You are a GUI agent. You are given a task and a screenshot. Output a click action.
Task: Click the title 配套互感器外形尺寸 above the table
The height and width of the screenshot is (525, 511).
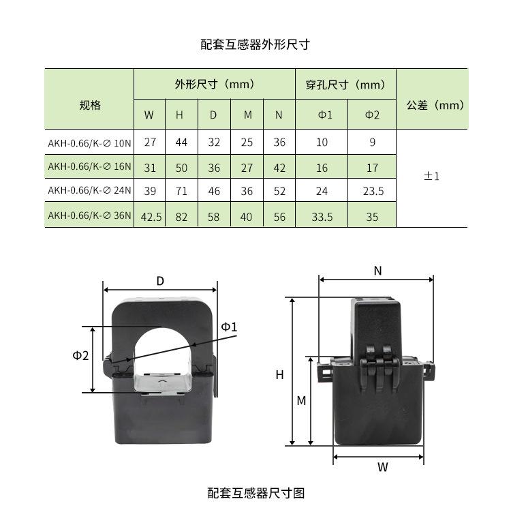(x=255, y=45)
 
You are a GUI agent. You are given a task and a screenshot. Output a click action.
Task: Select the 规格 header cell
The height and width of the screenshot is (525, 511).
(x=89, y=105)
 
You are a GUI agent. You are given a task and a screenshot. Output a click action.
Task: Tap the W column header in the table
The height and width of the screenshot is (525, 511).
(x=149, y=115)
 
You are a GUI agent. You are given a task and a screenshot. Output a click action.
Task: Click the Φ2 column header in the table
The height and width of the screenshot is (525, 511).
(x=372, y=115)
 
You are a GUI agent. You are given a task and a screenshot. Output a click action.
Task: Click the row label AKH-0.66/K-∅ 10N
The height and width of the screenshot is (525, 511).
(x=89, y=143)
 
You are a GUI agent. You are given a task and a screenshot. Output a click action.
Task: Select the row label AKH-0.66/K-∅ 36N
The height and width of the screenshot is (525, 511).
(x=89, y=216)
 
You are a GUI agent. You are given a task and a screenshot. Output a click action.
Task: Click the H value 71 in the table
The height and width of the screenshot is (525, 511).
(x=181, y=192)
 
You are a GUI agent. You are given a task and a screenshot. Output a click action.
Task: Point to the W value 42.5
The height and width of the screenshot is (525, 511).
(x=151, y=217)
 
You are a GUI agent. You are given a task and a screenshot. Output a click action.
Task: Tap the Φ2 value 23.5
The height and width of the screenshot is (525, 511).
(x=373, y=192)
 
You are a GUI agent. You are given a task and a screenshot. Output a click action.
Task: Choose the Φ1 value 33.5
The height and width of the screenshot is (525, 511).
(x=322, y=217)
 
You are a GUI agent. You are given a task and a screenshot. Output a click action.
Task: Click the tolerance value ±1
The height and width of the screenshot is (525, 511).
(x=432, y=176)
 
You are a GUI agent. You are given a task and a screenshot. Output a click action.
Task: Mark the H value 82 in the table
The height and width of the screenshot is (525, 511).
(x=181, y=217)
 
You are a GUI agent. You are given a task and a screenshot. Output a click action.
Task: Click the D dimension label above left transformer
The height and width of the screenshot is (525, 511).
(x=160, y=281)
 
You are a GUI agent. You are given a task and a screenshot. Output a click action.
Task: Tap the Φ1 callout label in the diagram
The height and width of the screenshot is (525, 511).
(x=230, y=327)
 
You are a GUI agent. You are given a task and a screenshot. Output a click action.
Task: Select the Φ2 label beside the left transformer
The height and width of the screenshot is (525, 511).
(x=81, y=355)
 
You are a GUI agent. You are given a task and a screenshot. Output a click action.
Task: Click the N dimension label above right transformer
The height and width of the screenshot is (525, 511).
(x=377, y=271)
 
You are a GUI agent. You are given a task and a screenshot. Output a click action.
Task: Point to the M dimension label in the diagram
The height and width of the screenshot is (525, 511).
(x=301, y=401)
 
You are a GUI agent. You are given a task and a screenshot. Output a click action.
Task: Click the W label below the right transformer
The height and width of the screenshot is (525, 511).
(x=383, y=467)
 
